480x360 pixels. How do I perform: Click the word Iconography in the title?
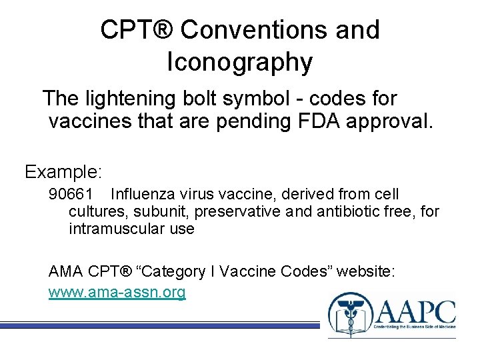point(240,62)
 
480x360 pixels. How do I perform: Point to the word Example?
point(63,172)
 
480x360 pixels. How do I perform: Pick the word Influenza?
point(142,195)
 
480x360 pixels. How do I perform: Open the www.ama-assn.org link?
point(117,292)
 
